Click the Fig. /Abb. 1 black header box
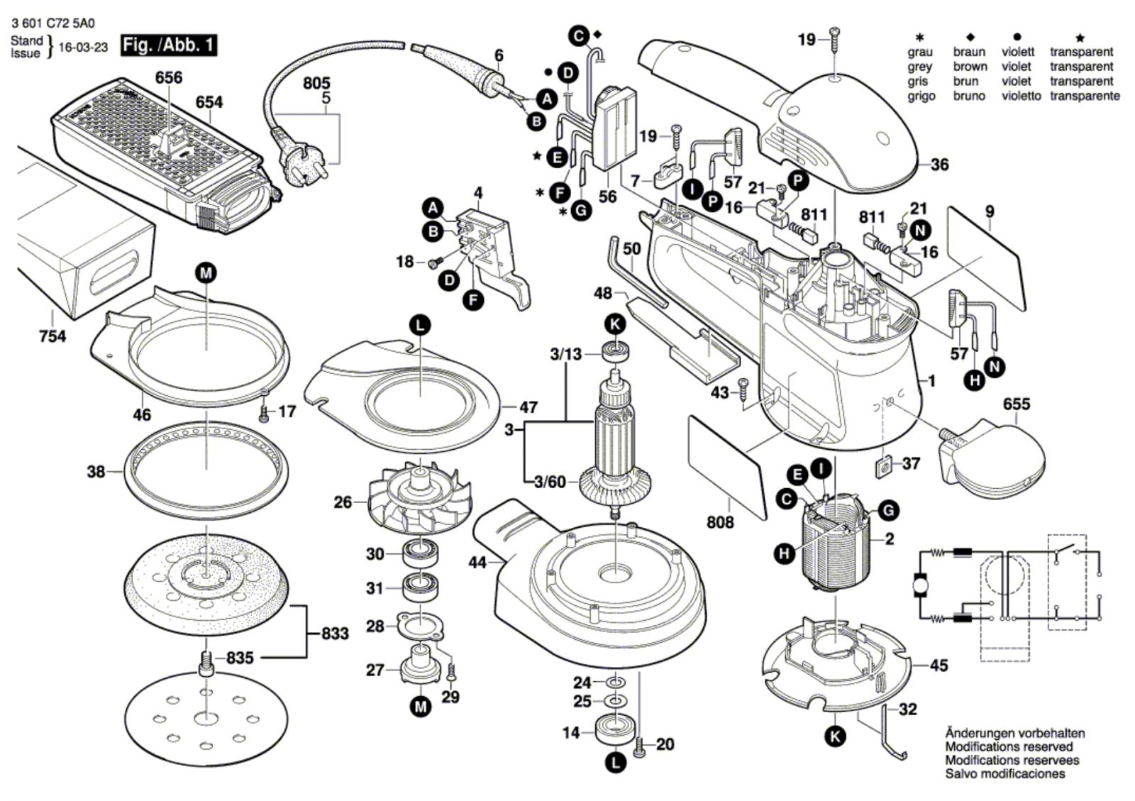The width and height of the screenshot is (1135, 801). coord(169,46)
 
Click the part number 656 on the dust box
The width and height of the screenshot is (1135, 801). coord(169,77)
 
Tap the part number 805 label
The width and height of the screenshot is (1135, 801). coord(316,84)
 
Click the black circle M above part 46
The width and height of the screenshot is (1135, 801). coord(206,272)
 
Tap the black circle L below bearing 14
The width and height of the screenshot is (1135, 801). coord(615,763)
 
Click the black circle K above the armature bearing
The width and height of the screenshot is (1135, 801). coord(615,325)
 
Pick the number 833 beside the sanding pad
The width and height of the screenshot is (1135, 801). coord(334,633)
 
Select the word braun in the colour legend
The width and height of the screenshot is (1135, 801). coord(968,52)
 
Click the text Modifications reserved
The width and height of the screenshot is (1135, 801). coord(1008,746)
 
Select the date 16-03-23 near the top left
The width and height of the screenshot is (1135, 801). coord(83,48)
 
